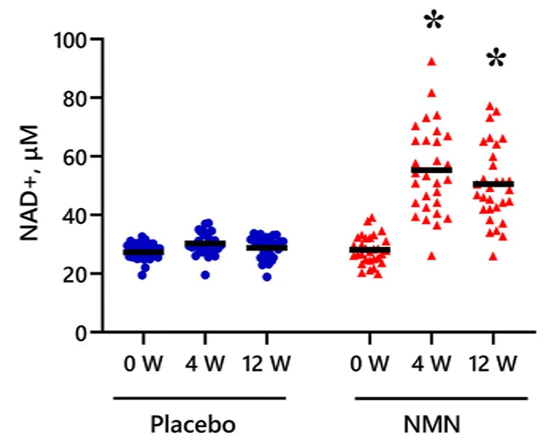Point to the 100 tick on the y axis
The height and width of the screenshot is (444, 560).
75,39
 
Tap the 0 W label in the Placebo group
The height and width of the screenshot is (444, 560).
142,364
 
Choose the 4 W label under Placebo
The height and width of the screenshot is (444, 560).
201,364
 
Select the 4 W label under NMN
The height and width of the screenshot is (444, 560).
430,364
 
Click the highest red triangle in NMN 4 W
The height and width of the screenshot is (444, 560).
431,61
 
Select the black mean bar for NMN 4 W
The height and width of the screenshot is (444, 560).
431,170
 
